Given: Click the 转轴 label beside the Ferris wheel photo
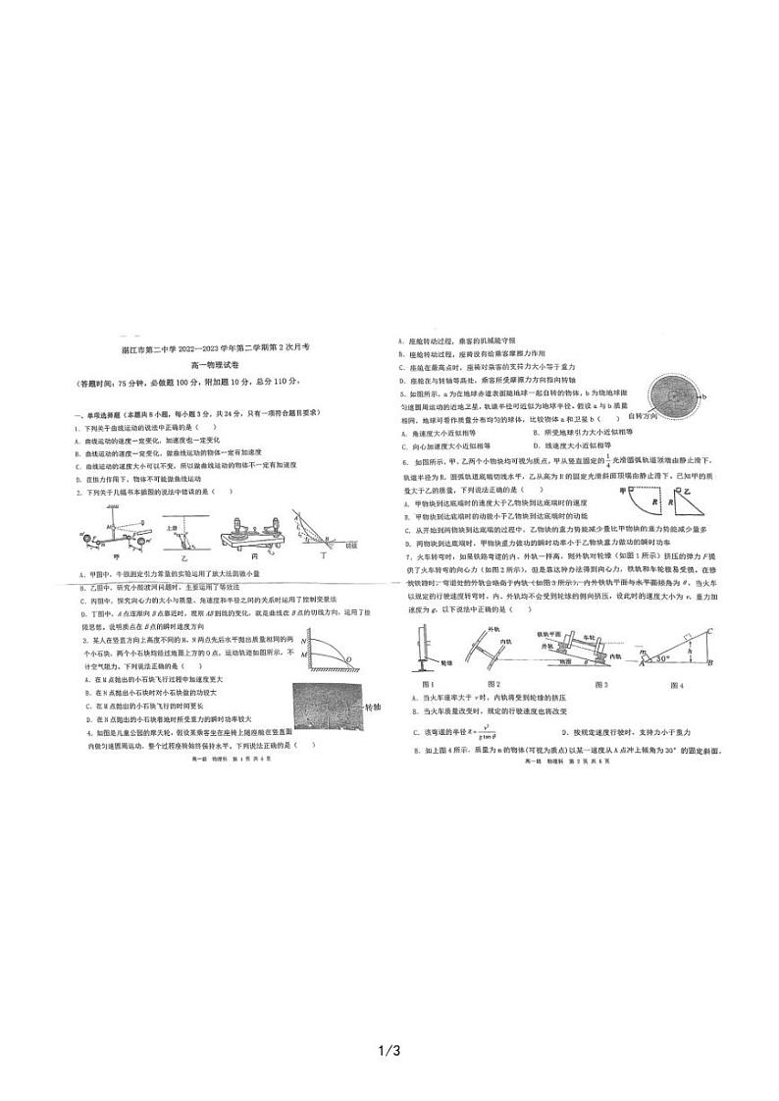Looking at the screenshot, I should (x=371, y=706).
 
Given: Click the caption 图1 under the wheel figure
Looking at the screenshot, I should (x=427, y=684).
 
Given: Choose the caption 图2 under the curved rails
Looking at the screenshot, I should (x=493, y=684).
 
